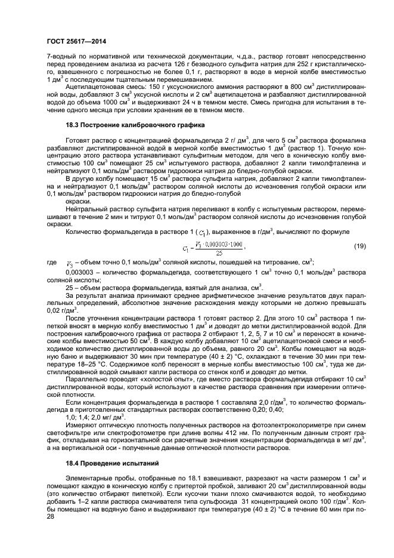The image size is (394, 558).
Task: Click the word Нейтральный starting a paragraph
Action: [x=87, y=209]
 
